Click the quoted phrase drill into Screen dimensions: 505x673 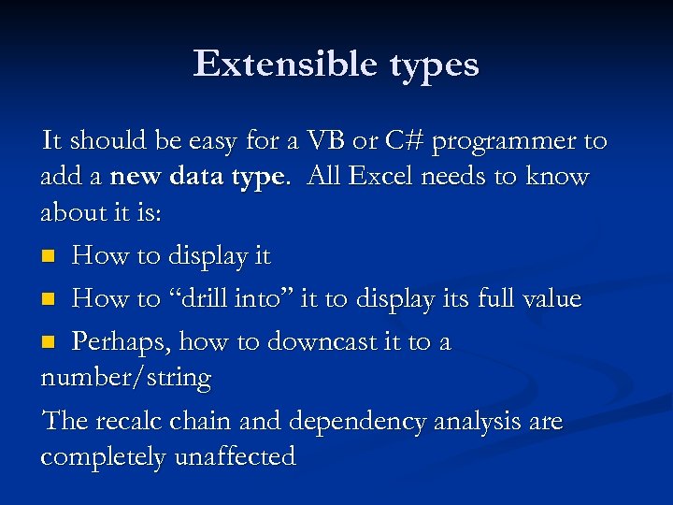click(214, 299)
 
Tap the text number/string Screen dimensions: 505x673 click(126, 379)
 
